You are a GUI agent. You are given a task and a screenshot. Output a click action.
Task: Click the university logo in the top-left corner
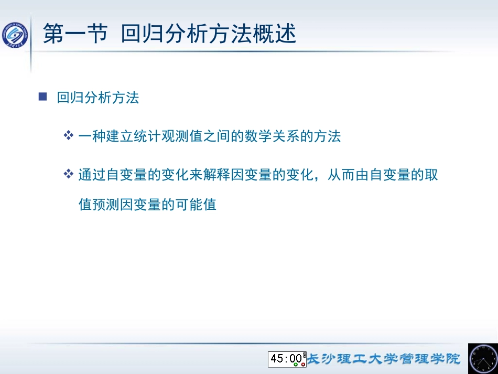coord(16,36)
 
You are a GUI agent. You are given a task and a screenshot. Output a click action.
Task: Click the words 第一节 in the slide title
coord(75,34)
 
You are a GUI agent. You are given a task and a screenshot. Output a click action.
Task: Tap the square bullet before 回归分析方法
coord(43,97)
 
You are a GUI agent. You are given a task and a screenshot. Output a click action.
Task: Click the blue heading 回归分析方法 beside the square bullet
coord(98,98)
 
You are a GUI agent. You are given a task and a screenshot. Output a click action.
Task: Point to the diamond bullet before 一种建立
coord(68,136)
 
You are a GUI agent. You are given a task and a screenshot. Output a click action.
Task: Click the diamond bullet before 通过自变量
coord(68,174)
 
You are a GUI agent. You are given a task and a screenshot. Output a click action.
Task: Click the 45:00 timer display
coord(286,358)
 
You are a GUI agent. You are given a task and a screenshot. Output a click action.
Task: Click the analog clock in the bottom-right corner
coord(482,358)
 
